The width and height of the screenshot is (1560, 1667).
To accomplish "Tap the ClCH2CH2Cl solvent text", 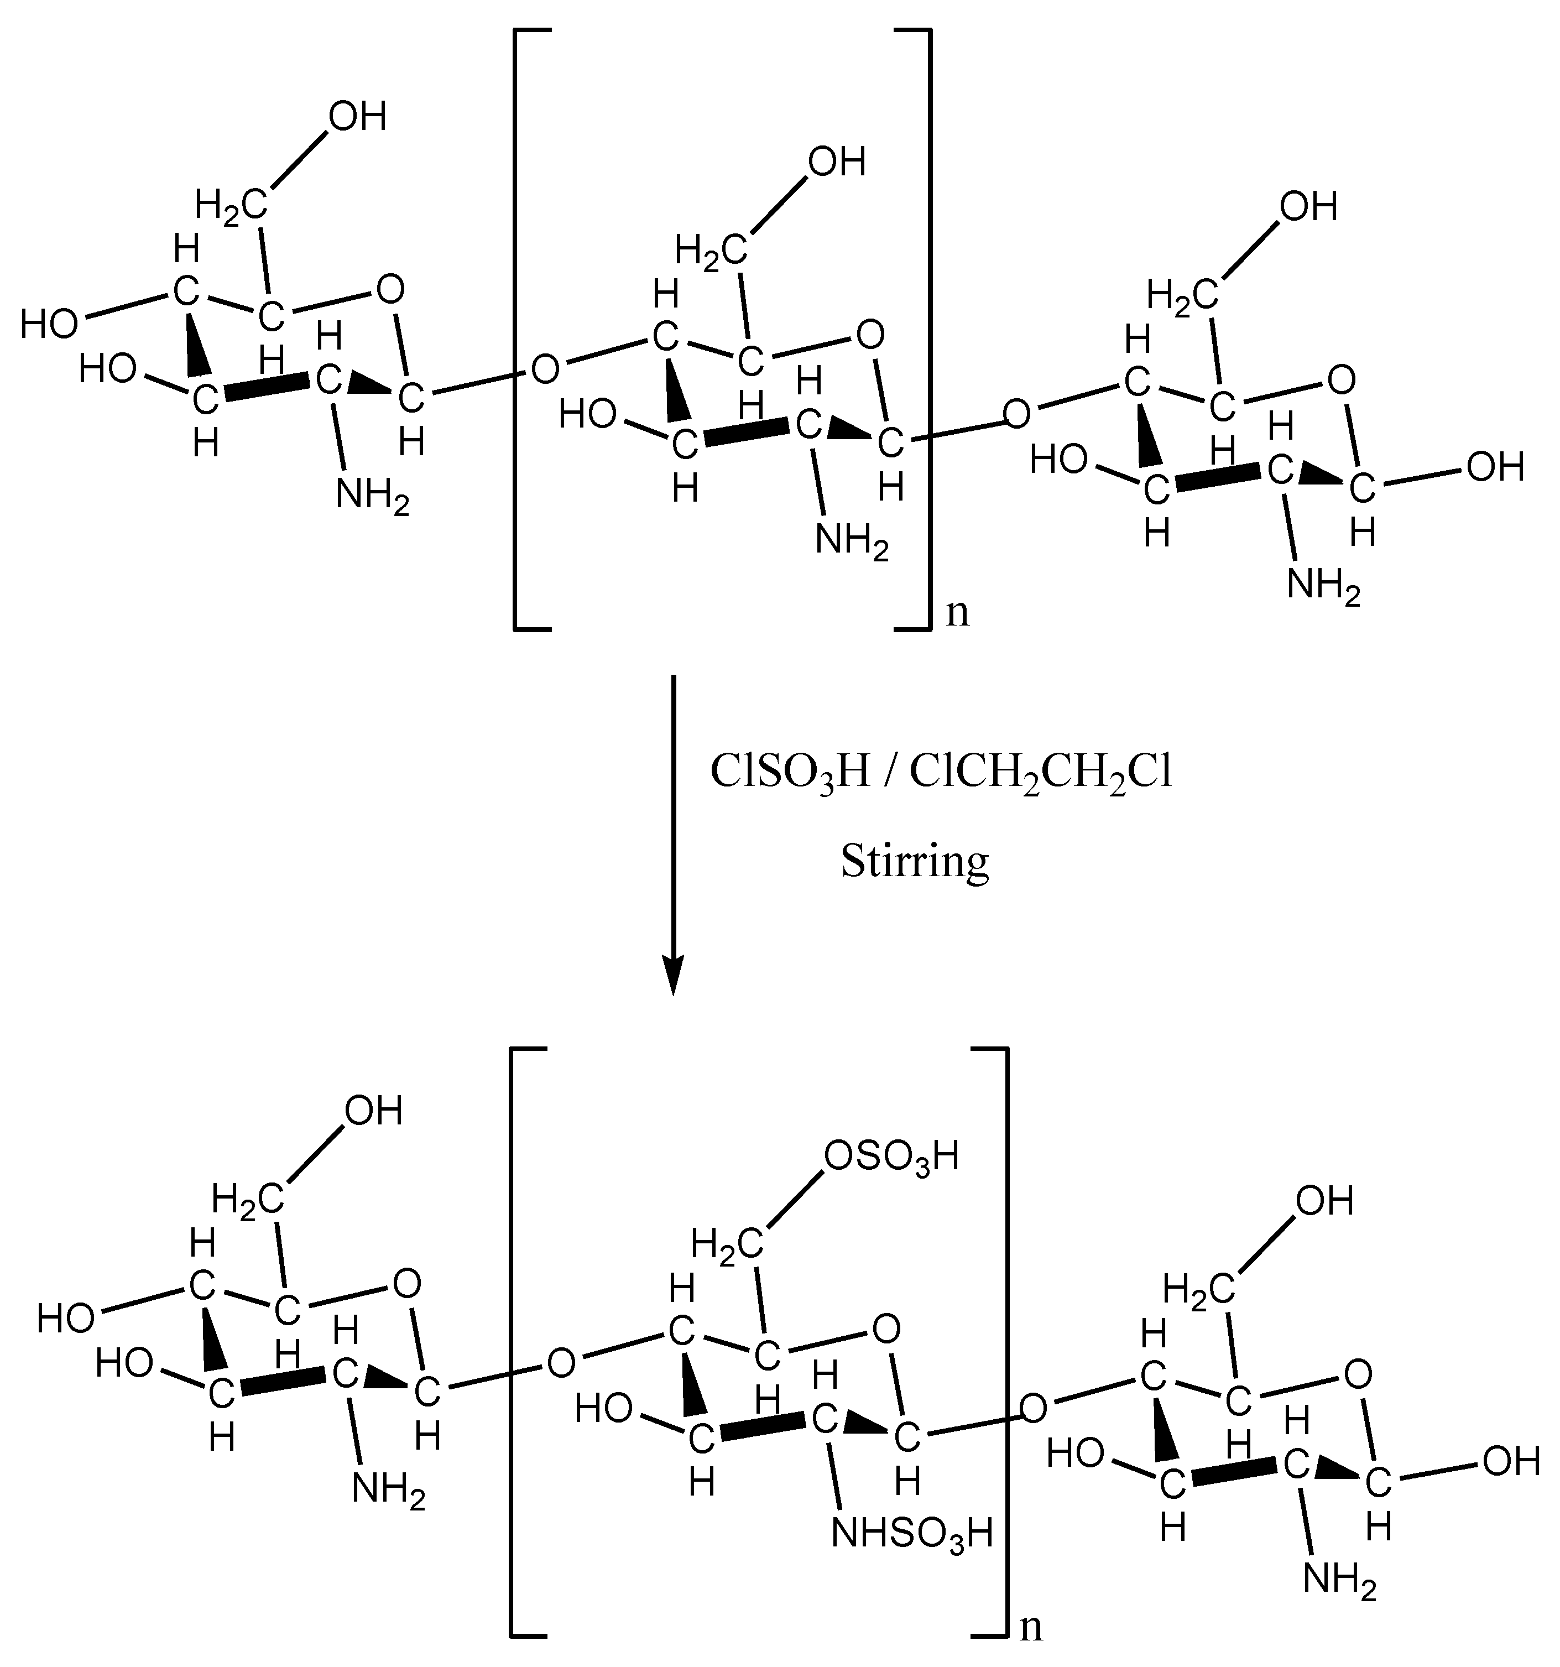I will click(x=1040, y=772).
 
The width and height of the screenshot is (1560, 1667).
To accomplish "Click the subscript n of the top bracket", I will click(x=957, y=612).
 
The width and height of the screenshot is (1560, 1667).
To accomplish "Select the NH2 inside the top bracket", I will click(x=852, y=541).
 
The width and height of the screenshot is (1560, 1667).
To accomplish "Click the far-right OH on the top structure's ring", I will click(x=1495, y=467).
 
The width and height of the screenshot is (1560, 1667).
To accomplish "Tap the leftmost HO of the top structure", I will click(x=49, y=324).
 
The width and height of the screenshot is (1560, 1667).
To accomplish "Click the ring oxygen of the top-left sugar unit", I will click(x=390, y=290).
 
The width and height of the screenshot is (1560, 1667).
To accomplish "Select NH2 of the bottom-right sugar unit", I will click(x=1339, y=1581).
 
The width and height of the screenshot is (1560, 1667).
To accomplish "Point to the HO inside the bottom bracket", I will click(x=603, y=1409).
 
